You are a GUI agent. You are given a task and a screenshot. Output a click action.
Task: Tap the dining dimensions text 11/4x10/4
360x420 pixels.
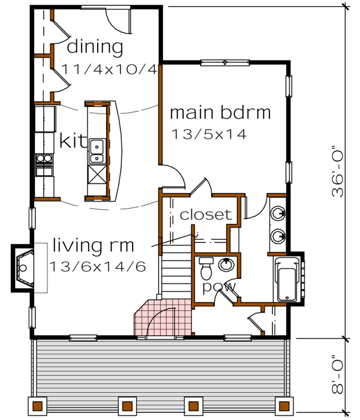(x=109, y=68)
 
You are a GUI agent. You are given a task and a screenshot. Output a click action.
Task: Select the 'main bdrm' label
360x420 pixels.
(x=220, y=112)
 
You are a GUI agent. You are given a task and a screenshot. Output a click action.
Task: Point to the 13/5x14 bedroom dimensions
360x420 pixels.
(x=209, y=134)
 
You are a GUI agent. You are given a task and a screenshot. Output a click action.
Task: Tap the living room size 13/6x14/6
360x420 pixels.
(x=98, y=266)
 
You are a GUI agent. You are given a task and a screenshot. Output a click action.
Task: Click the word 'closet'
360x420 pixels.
(x=206, y=215)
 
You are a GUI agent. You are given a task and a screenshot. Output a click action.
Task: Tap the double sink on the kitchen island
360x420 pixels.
(x=96, y=152)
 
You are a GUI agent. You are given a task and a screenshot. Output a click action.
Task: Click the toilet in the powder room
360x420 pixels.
(x=206, y=265)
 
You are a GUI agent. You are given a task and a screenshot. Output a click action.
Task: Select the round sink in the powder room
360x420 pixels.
(x=227, y=265)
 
